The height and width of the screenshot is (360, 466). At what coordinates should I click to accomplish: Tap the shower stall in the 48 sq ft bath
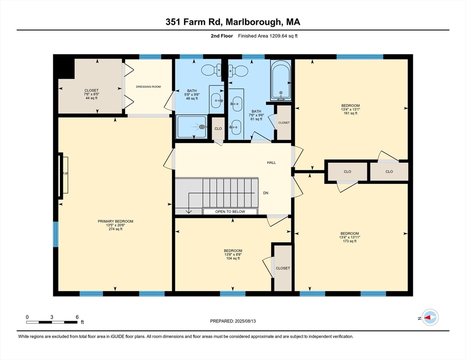coord(192,127)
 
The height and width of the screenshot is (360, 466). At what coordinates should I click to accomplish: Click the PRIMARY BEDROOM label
coord(115,221)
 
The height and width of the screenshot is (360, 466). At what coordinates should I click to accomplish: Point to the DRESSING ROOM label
coord(148,87)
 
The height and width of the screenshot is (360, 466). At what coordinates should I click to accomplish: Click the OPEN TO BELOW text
coord(230,212)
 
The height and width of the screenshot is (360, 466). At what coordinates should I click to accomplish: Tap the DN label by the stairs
coord(266,193)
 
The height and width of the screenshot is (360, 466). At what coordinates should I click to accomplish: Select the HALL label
coord(271,163)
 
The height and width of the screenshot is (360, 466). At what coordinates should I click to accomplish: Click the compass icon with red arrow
coord(429,317)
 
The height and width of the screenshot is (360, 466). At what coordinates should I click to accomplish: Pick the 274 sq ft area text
coord(115,230)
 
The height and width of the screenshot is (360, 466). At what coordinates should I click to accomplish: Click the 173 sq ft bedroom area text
coord(350,241)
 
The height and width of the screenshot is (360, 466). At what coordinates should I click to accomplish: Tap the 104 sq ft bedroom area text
coord(233,258)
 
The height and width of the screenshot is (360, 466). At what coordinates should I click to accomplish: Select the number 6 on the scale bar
coord(77,317)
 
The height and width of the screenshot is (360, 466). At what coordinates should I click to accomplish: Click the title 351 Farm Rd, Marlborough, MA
coord(233,22)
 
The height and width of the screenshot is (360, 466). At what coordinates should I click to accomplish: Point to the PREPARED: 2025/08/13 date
coord(233,321)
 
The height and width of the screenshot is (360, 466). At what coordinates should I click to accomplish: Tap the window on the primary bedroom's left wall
coord(56,234)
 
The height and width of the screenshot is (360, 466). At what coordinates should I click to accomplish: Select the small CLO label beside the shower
coord(218,128)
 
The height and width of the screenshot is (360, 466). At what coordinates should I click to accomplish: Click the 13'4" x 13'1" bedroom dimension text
coord(350,109)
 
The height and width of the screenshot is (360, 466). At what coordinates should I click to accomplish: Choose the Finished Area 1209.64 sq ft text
coord(268,36)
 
